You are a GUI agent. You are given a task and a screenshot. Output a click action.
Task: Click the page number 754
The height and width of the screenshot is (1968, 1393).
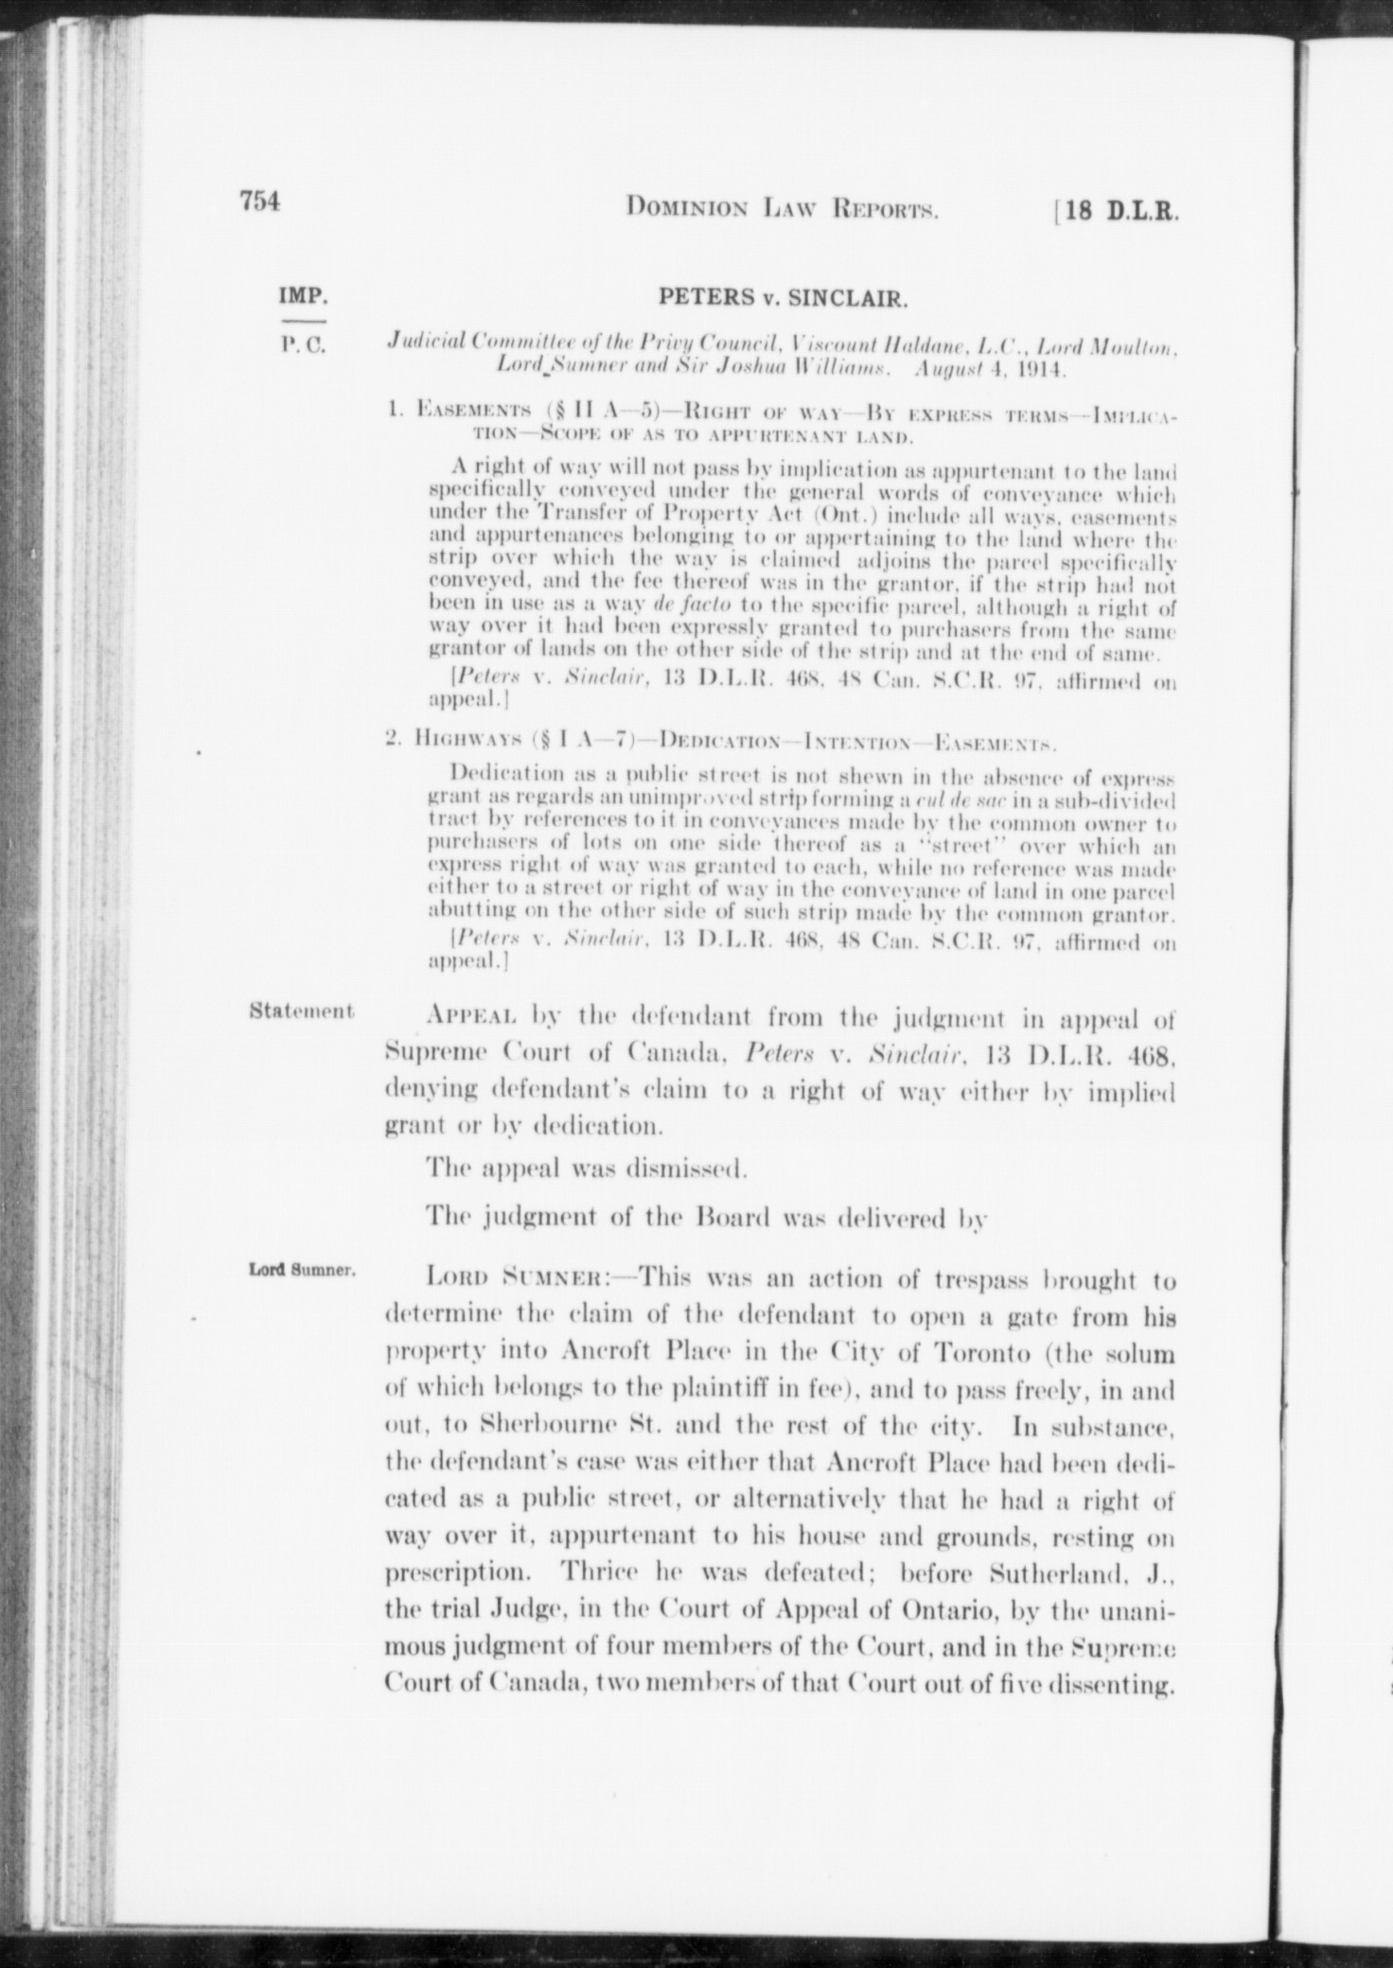261,202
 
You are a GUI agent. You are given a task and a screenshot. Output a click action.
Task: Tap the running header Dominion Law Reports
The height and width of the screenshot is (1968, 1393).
782,207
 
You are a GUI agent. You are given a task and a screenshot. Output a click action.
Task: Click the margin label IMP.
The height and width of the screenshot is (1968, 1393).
303,297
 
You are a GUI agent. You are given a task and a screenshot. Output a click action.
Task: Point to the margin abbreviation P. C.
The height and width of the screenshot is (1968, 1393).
302,345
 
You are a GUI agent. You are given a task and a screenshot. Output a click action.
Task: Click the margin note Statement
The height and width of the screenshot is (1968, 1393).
302,1010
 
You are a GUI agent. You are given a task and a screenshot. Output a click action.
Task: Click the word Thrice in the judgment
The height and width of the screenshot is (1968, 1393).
595,1573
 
